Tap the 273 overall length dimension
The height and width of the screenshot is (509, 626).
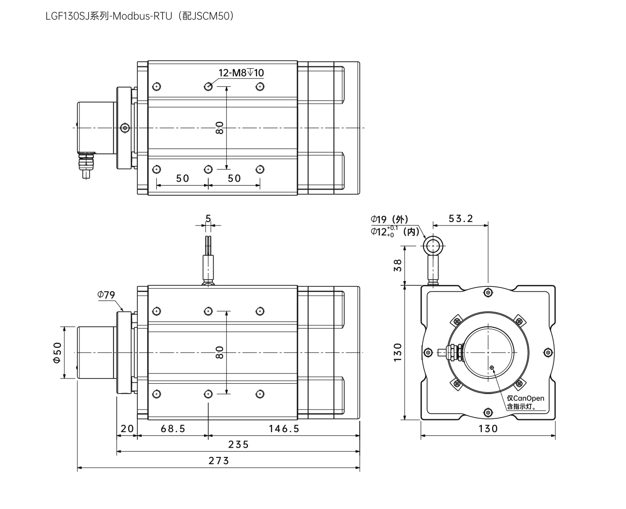[x=219, y=461]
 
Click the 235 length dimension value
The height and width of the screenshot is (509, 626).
[x=238, y=444]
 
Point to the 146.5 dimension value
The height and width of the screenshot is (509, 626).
[x=284, y=429]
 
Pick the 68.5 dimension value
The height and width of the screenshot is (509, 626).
[x=173, y=429]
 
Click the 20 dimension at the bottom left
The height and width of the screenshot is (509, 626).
[x=127, y=429]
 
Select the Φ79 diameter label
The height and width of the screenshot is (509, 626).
[x=106, y=295]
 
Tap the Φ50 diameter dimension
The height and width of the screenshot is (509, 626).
[x=57, y=352]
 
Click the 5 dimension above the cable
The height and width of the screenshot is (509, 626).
[x=208, y=219]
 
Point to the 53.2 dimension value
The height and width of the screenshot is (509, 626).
[x=460, y=219]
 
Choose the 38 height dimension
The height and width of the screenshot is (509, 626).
[x=398, y=265]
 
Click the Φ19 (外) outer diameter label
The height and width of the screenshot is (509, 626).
[x=389, y=220]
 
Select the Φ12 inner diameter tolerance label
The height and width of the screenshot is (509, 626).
[x=394, y=232]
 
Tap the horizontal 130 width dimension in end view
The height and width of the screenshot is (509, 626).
[x=488, y=429]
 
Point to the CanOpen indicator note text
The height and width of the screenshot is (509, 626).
[x=525, y=402]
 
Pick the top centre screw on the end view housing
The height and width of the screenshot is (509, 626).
[x=488, y=292]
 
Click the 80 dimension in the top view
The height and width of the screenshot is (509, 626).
[x=220, y=128]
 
